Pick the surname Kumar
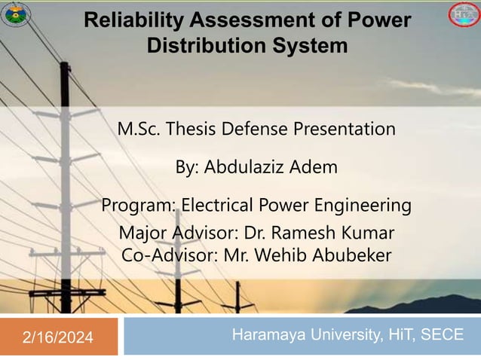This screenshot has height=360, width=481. (369, 233)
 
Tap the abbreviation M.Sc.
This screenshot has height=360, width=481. (136, 129)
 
